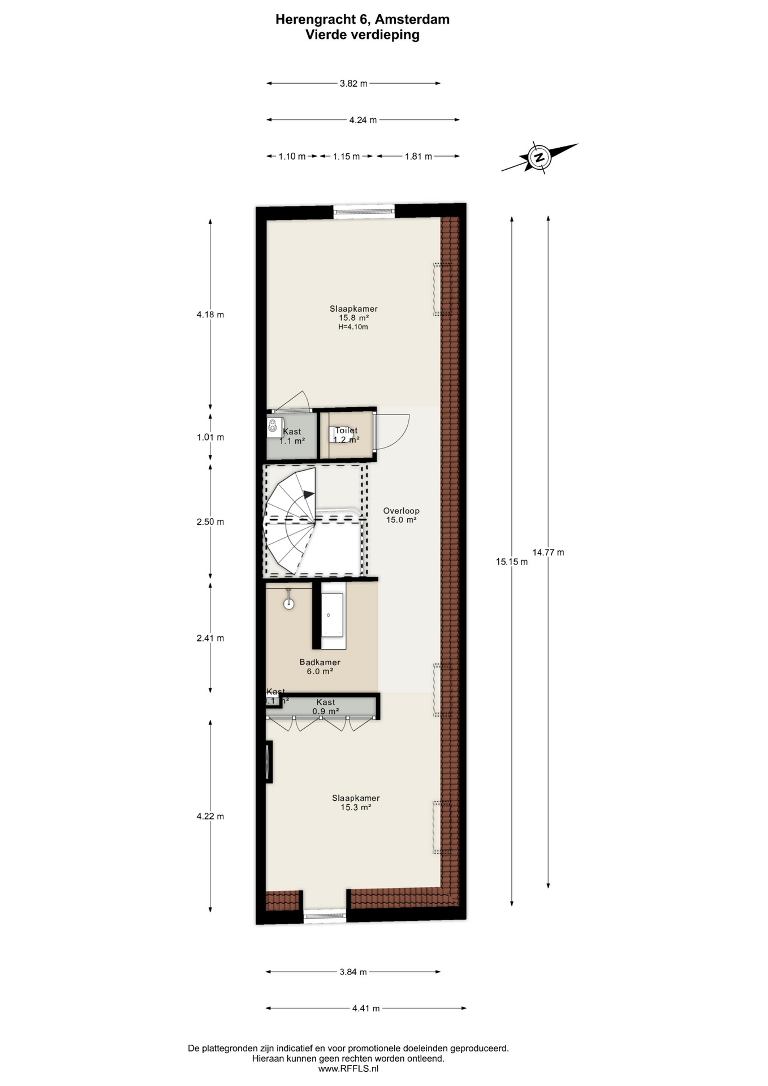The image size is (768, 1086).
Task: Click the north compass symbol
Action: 540,157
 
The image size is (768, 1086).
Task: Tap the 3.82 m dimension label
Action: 353,84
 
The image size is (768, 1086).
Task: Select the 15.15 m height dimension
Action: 512,562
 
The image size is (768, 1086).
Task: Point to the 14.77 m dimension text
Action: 548,553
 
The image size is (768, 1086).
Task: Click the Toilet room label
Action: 346,431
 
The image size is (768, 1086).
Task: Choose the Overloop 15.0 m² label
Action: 401,515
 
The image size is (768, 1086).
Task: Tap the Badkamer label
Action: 320,662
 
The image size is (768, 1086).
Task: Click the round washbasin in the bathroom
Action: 289,604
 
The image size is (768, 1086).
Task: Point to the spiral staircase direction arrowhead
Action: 309,494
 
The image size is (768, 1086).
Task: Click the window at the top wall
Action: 363,212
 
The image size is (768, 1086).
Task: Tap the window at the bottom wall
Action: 325,916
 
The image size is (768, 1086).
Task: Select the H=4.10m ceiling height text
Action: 353,327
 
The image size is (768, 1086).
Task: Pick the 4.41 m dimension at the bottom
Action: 366,1008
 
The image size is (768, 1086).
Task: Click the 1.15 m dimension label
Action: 346,157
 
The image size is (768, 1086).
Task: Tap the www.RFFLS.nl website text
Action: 348,1068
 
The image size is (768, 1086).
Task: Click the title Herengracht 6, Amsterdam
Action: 363,19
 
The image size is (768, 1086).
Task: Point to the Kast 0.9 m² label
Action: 326,706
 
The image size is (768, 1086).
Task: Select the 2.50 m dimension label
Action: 210,522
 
